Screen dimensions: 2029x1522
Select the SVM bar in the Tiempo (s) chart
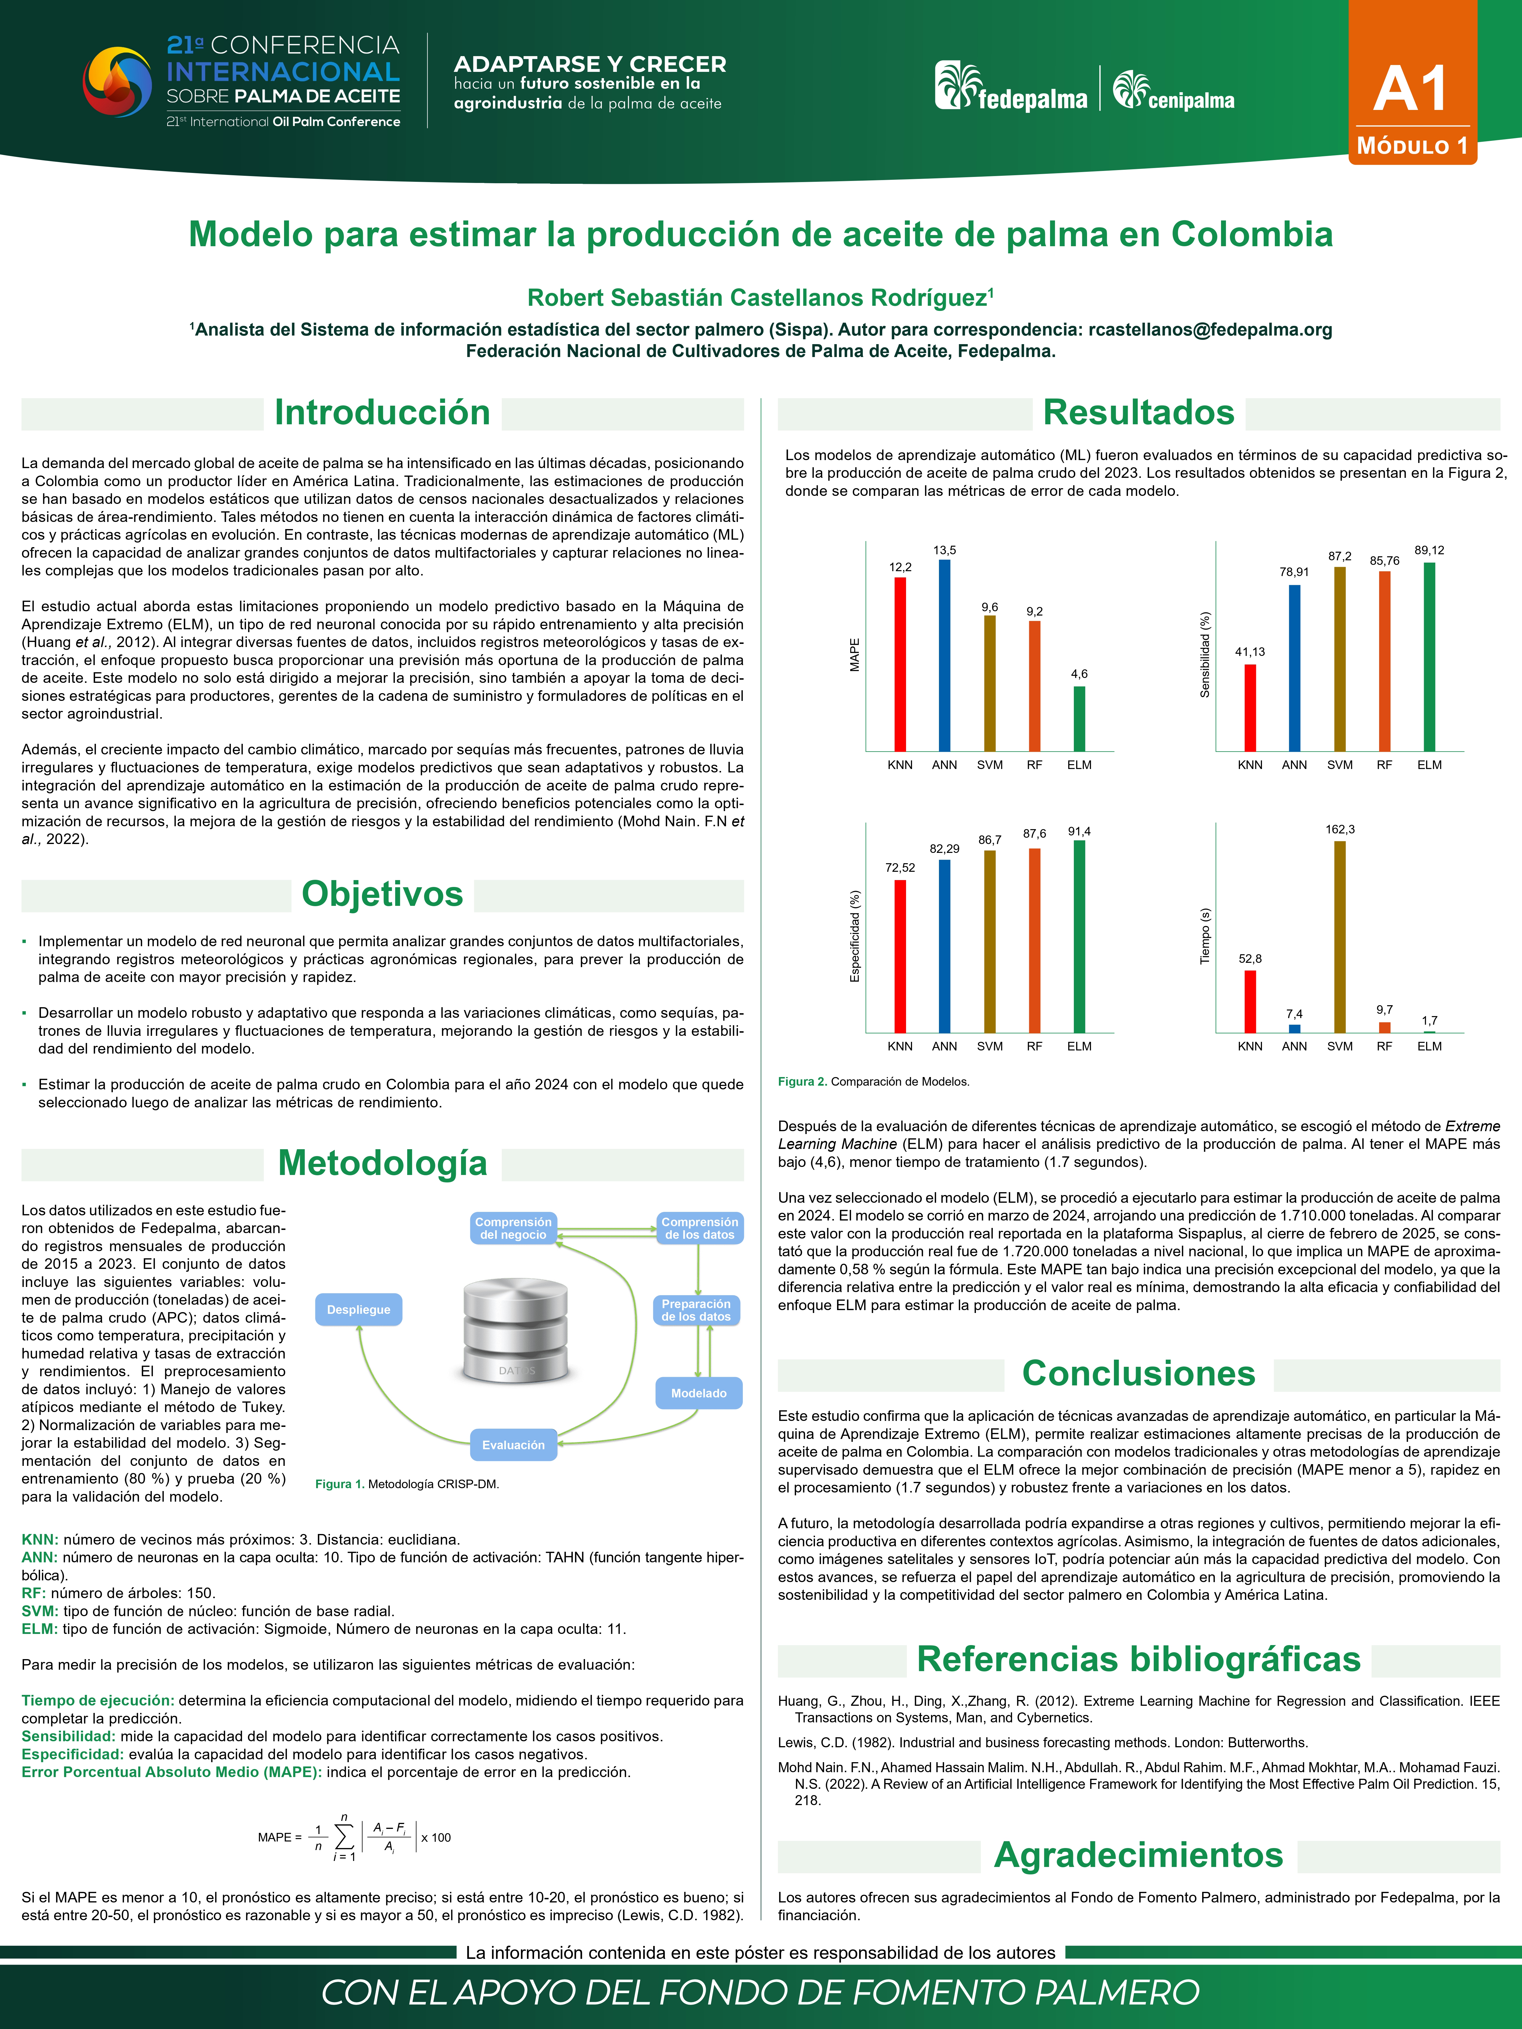1339,936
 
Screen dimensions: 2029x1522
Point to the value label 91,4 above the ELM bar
1079,831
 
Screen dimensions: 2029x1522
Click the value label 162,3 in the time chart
1339,829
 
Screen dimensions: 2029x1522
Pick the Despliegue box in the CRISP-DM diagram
359,1310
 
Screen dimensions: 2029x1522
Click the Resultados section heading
1139,413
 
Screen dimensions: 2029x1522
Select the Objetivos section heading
383,894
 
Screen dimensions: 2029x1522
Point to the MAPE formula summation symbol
344,1837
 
